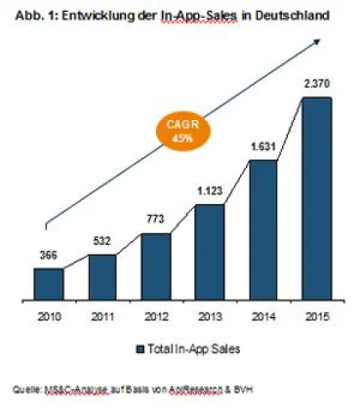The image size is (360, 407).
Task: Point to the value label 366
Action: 48,255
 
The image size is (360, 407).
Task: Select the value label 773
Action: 155,221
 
